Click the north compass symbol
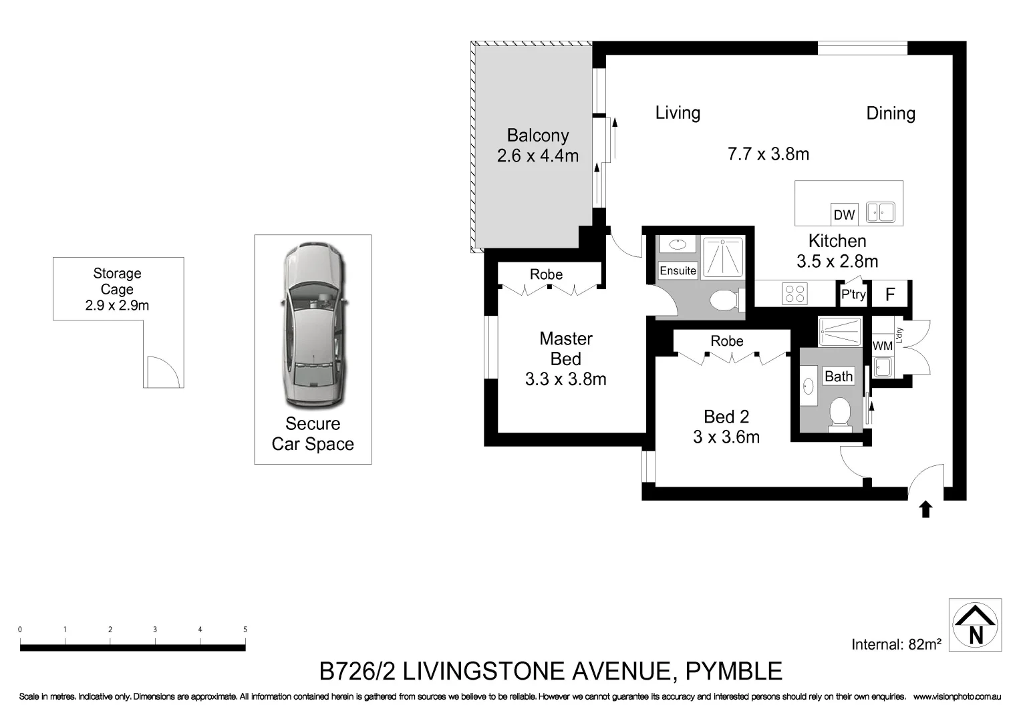[x=975, y=625]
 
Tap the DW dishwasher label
[x=844, y=214]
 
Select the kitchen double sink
[x=880, y=212]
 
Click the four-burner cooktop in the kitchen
[x=794, y=294]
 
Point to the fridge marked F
[x=889, y=294]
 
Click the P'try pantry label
[x=853, y=294]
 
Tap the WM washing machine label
[x=882, y=346]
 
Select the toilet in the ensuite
[x=726, y=300]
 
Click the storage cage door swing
[x=162, y=372]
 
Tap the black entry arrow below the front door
[x=925, y=509]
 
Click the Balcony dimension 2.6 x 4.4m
[x=537, y=156]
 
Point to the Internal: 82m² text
[x=895, y=644]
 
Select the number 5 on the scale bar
[x=245, y=630]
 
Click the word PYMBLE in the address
[x=734, y=671]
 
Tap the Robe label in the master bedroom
[x=546, y=274]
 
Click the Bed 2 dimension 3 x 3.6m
[x=726, y=437]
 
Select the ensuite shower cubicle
[x=722, y=256]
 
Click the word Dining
[x=890, y=113]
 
